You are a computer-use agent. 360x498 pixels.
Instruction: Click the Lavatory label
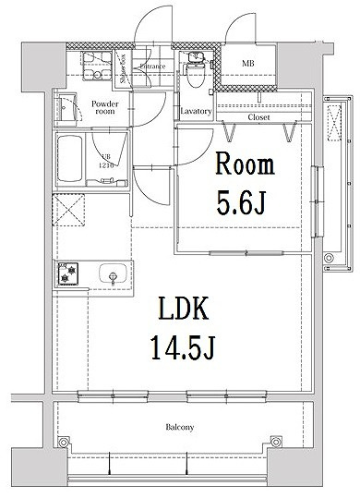tap(196, 112)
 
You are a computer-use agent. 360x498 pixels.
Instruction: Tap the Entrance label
tap(152, 67)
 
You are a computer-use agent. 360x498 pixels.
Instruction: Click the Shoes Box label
tap(123, 67)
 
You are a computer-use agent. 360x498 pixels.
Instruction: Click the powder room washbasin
tap(65, 108)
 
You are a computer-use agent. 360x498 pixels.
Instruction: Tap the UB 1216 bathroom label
tap(105, 161)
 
